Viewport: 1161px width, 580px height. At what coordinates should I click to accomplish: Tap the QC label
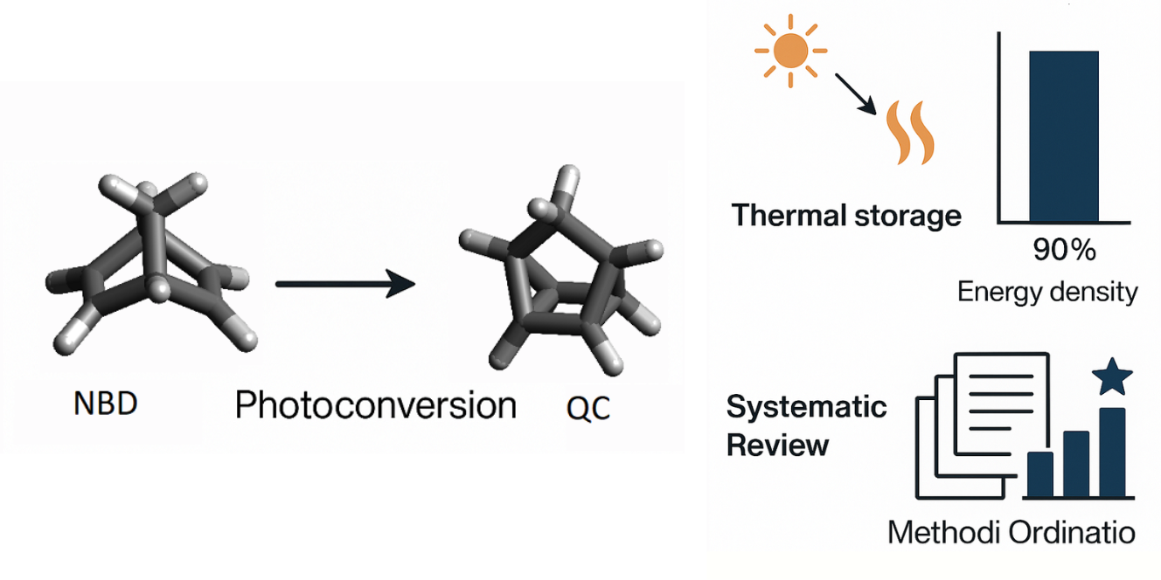[587, 407]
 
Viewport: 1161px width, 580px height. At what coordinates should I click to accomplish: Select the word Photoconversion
[375, 405]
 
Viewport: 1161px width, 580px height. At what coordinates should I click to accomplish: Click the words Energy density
[1047, 291]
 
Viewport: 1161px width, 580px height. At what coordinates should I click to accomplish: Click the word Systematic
[807, 407]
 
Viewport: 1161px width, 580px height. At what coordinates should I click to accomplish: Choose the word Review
[777, 445]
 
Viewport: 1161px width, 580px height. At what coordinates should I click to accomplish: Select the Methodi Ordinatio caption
[1012, 532]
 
